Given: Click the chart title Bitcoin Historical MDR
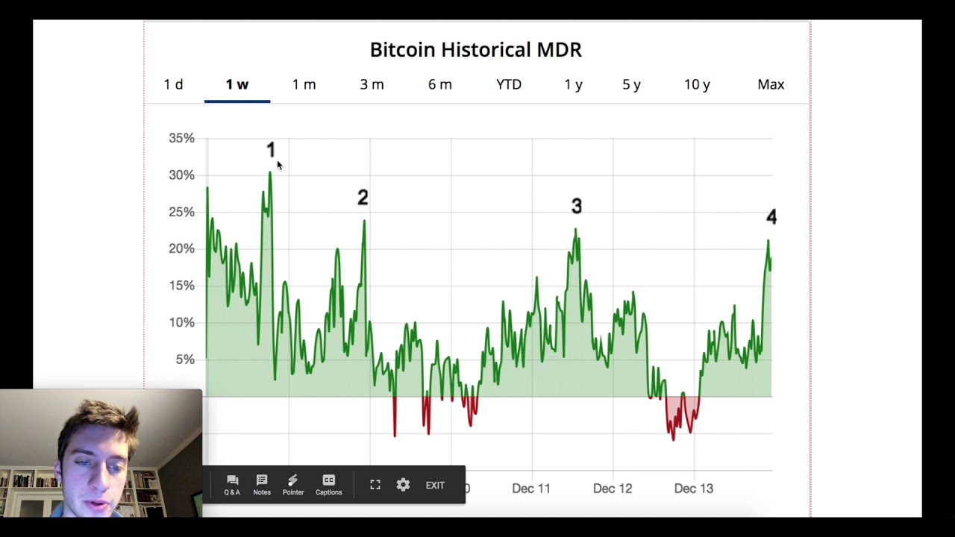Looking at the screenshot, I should pos(475,50).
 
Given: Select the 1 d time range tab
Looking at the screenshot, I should pos(173,84).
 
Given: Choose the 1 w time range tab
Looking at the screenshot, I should pos(237,84).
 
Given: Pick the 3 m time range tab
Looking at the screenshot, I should pos(372,84).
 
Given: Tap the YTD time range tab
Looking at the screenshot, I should pos(509,84).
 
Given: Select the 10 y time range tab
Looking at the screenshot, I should pos(697,84).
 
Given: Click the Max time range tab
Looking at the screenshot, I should pos(771,84).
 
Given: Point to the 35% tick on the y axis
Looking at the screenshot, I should pos(181,138).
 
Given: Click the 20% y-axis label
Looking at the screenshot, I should pos(181,248).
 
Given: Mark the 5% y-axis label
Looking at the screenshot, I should pos(184,359).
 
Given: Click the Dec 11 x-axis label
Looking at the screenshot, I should pos(531,489).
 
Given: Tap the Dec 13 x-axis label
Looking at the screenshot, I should pos(694,489).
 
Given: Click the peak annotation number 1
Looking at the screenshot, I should pos(271,151).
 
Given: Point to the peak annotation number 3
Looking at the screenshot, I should pos(576,206).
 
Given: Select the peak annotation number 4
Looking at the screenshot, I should pos(771,217).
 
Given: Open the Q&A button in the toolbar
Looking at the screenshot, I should pos(232,485).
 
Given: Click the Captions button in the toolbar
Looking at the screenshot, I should pos(328,485).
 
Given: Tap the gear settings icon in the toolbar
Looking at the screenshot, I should pos(403,485).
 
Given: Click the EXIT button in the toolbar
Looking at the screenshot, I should pos(435,486).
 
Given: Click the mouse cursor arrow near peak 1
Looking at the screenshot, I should pos(279,166).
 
